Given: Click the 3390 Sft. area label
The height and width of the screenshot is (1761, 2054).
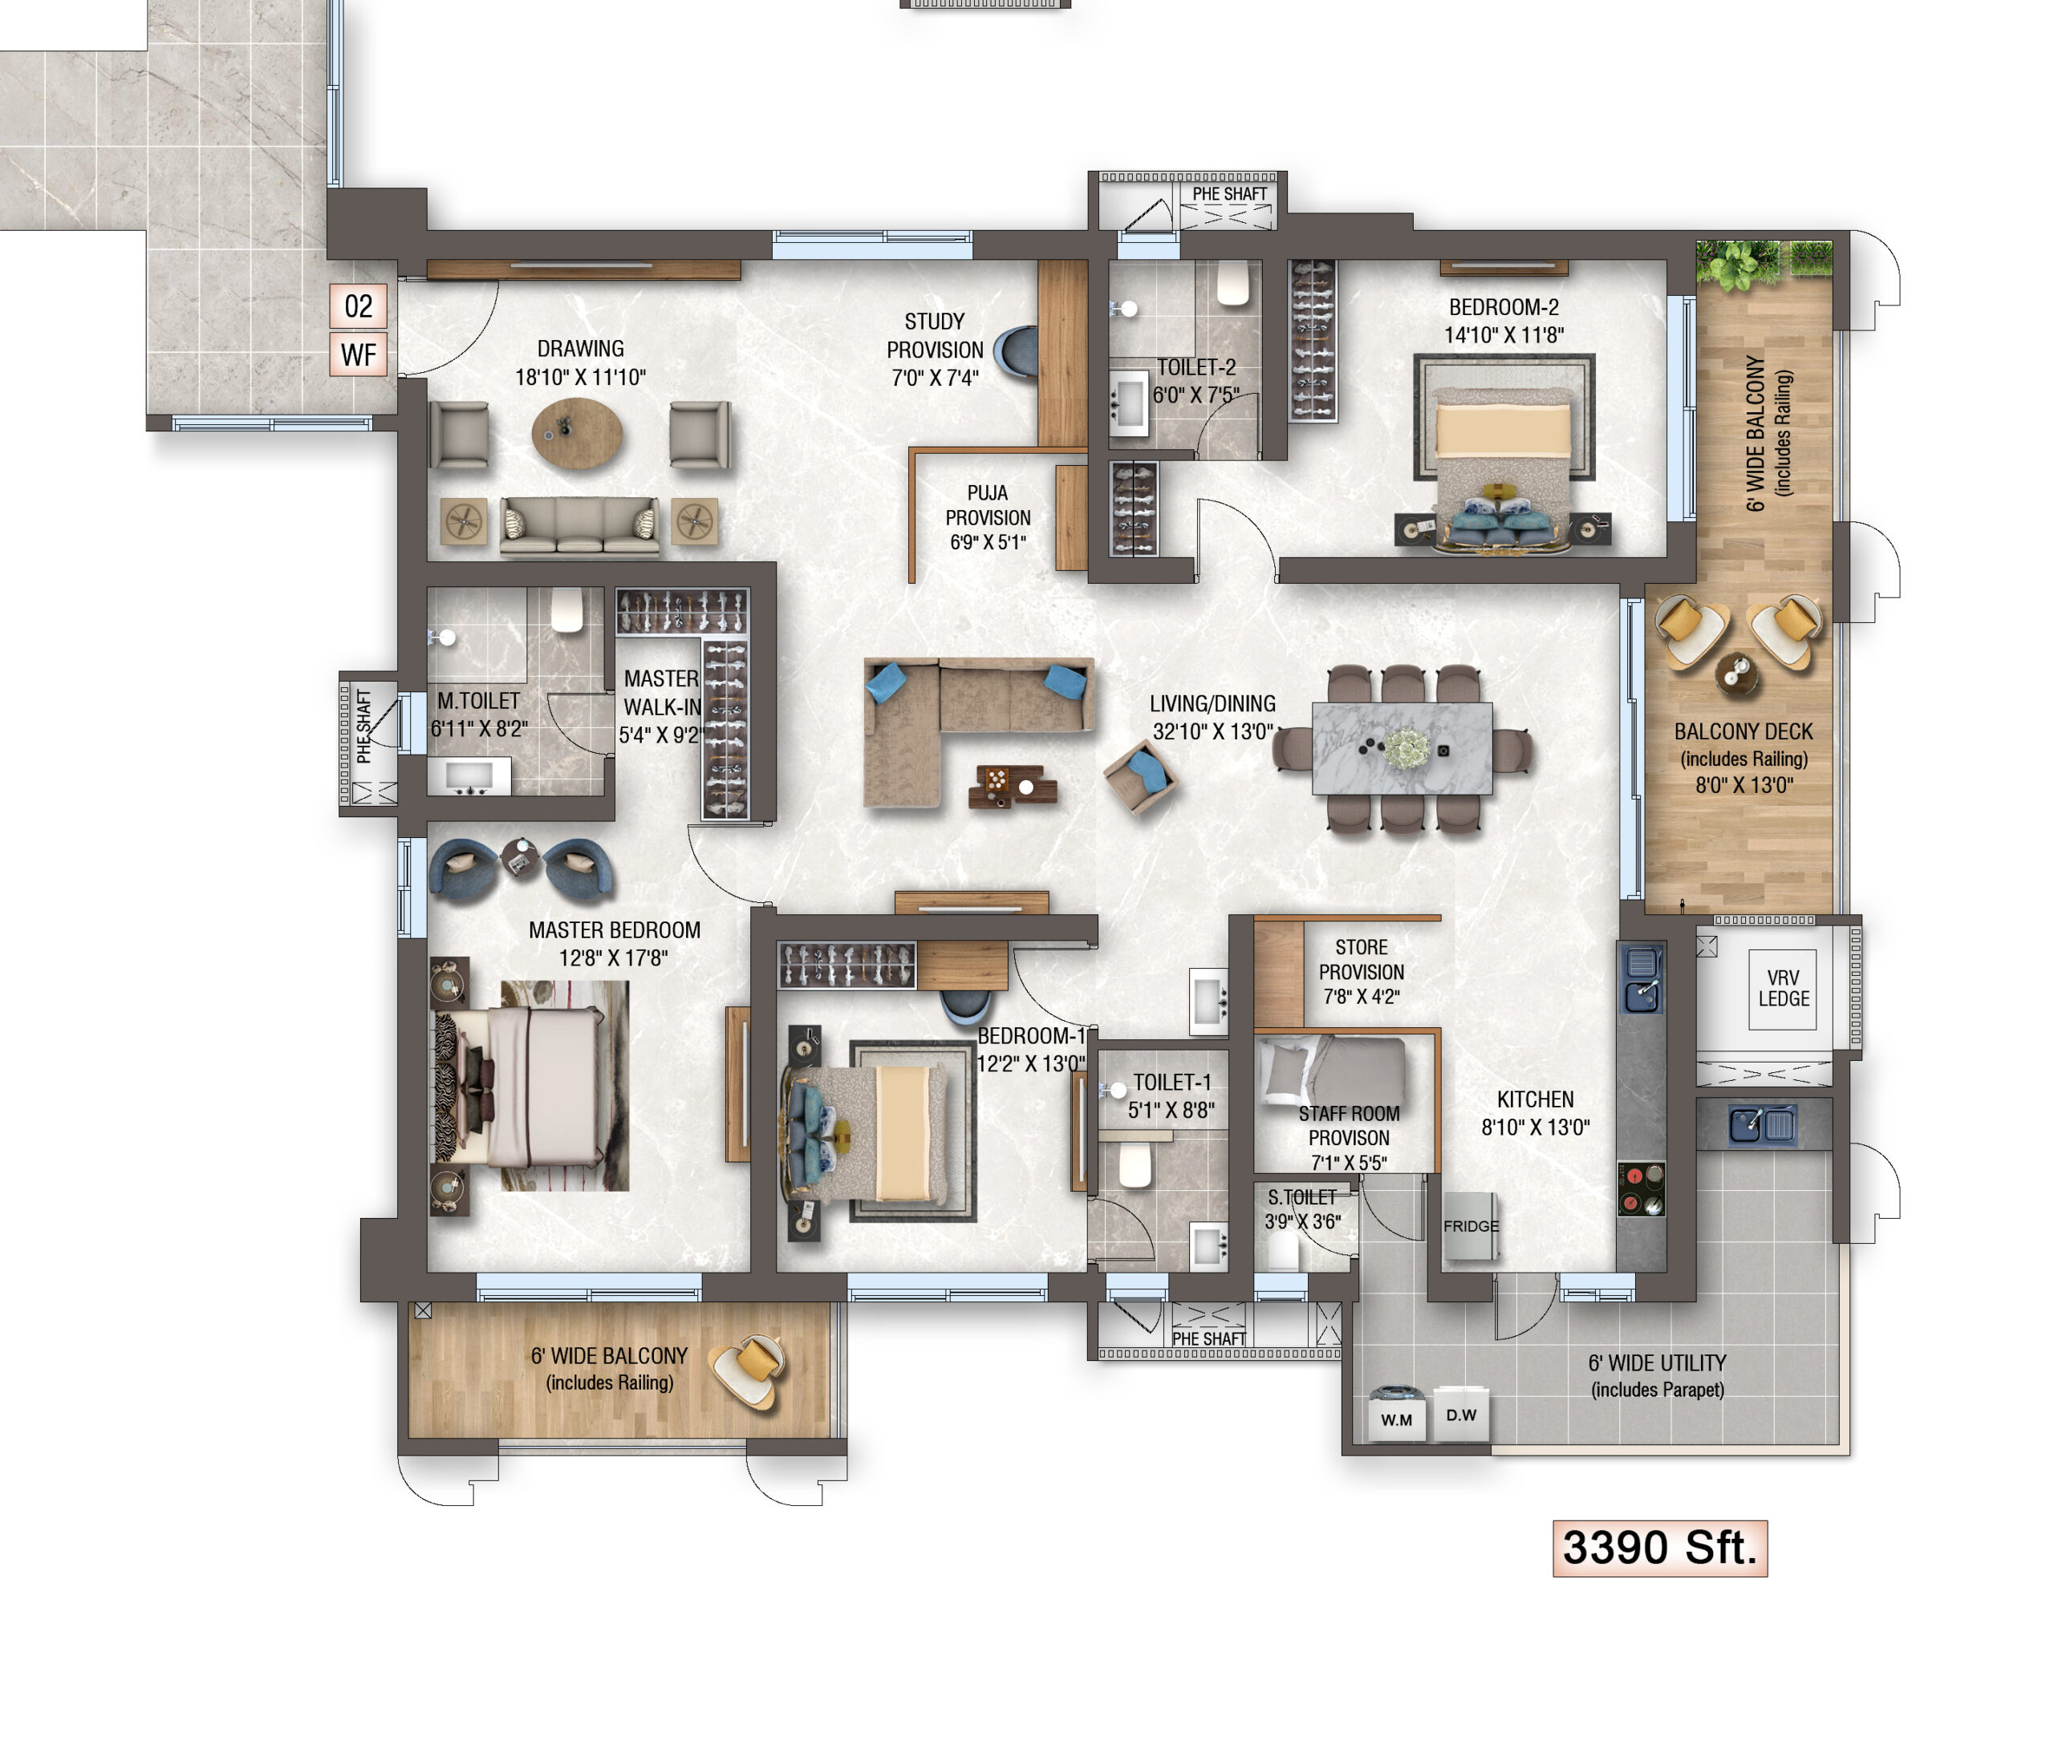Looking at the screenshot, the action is [x=1659, y=1547].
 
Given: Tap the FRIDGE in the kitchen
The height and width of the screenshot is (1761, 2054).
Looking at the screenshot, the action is [x=1470, y=1226].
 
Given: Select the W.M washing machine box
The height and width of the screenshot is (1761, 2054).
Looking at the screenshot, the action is [x=1397, y=1415].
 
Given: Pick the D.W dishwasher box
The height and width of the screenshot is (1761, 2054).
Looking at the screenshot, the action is [x=1461, y=1413].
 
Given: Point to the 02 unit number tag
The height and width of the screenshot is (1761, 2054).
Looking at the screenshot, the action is [x=358, y=306].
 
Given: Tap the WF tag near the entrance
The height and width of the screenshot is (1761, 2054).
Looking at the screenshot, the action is [x=358, y=354].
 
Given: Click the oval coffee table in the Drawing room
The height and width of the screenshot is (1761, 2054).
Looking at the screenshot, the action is [x=577, y=433].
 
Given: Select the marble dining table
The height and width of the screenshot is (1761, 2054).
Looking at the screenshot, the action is [x=1402, y=748].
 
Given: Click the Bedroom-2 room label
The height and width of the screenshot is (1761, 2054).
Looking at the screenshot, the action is [x=1504, y=307].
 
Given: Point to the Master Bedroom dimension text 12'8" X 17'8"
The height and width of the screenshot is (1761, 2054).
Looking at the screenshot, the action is [x=614, y=958].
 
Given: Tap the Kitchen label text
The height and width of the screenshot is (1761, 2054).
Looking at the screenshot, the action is [x=1536, y=1099].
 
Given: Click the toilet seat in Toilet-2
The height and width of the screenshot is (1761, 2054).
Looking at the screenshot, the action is [x=1232, y=282].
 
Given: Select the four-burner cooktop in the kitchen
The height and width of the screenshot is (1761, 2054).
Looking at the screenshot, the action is [x=1642, y=1188].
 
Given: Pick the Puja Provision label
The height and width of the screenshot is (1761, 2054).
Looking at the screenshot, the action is [x=988, y=517].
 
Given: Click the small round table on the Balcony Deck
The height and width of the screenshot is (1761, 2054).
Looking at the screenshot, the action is [x=1737, y=674].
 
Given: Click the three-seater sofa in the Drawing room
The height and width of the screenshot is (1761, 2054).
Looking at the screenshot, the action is [x=579, y=525].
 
